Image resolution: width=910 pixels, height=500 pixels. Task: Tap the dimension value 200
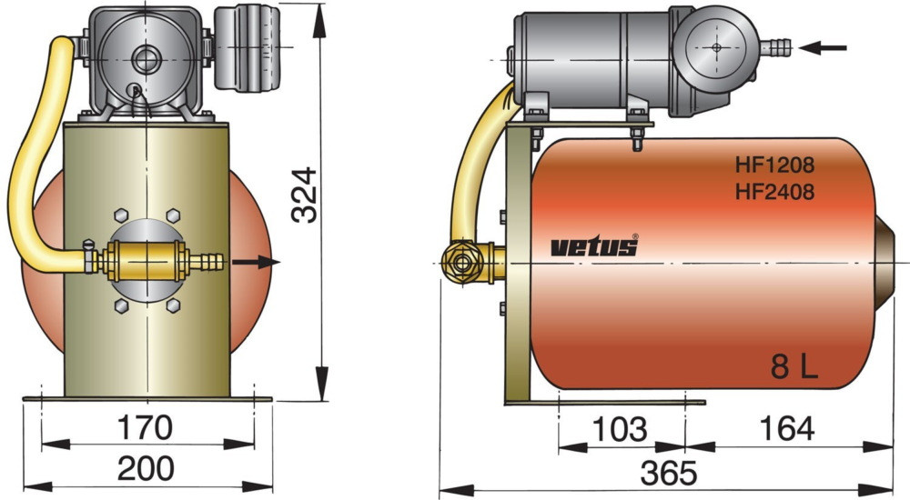pos(145,468)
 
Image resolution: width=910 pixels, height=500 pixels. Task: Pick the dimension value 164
pos(785,428)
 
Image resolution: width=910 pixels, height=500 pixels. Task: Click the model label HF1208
pos(774,165)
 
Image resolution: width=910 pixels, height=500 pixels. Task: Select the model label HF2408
pos(774,191)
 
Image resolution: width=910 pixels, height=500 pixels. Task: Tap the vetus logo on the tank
pos(594,246)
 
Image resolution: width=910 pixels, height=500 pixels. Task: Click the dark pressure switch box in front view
pos(246,50)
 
